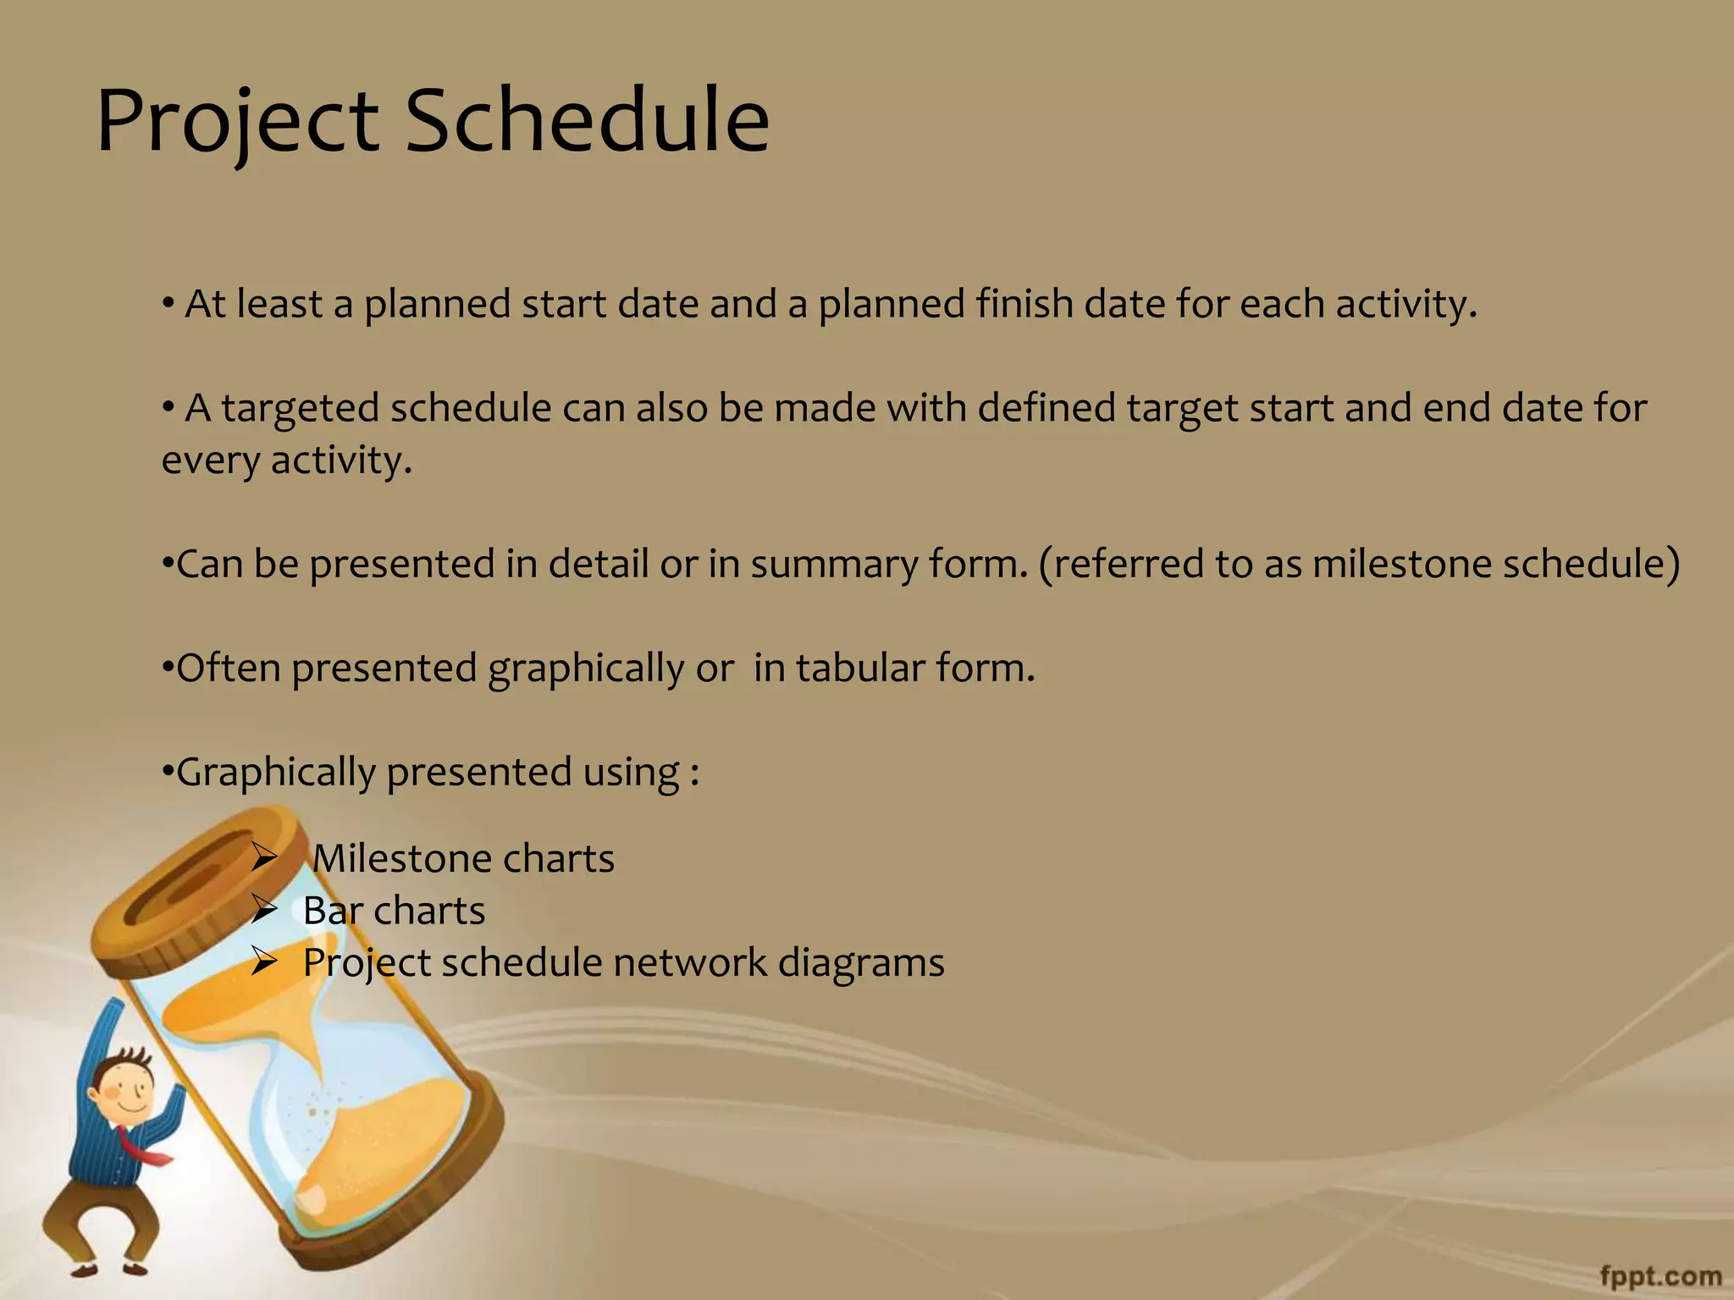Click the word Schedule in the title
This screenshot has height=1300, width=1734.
tap(588, 120)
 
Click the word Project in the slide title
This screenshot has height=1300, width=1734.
tap(237, 120)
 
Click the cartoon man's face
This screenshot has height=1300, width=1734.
tap(127, 1092)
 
